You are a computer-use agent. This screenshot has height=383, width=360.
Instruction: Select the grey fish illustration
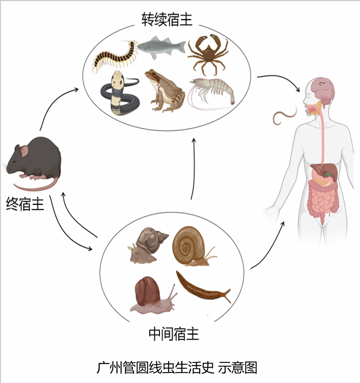point(162,47)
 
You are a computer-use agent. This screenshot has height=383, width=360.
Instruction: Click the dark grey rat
point(34,163)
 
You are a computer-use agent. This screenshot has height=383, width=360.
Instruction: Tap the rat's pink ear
point(25,151)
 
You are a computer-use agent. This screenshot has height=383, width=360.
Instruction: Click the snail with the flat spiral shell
point(191,245)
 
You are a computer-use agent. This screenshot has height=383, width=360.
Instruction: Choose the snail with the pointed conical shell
point(147,245)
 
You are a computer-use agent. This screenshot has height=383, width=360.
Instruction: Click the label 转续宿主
point(167,20)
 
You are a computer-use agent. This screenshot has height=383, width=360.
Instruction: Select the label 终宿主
point(25,204)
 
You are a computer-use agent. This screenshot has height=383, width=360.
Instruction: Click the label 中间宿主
point(174,334)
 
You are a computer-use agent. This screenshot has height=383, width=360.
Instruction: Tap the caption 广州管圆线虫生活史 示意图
point(177,367)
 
